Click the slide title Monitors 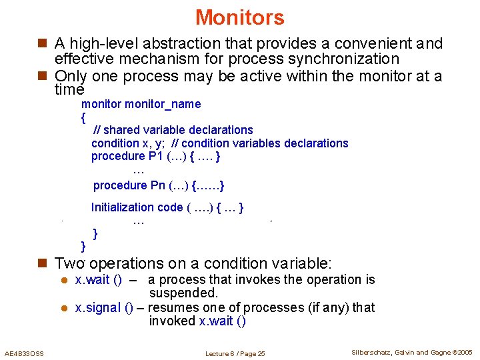point(240,17)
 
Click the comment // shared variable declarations point(173,130)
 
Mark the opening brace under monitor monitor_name point(83,118)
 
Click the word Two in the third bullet point(70,263)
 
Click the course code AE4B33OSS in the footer point(24,353)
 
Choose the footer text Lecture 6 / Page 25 point(235,353)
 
